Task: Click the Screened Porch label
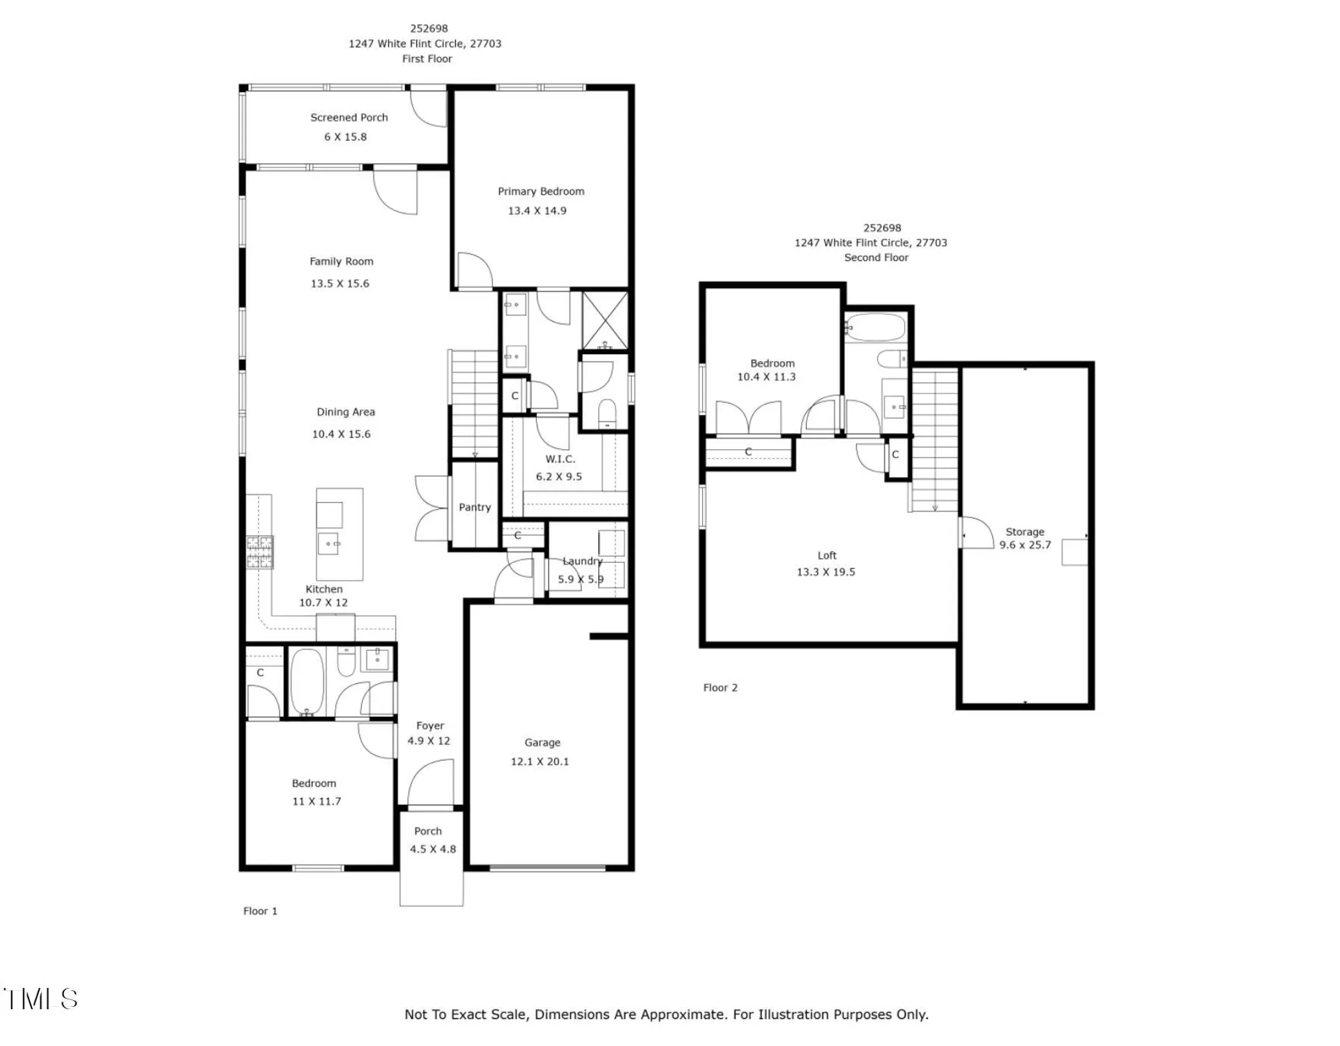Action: click(x=349, y=118)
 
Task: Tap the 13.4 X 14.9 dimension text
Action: click(x=537, y=211)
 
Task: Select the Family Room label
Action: click(x=341, y=261)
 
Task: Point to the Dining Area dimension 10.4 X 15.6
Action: click(x=341, y=434)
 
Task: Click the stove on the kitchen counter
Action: click(x=259, y=552)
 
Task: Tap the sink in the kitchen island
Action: click(x=328, y=543)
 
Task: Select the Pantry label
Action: click(x=474, y=508)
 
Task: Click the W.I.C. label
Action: click(x=560, y=459)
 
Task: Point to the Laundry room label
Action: click(x=582, y=561)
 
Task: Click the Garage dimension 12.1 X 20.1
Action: click(x=540, y=761)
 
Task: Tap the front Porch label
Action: click(x=427, y=831)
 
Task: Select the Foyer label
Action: click(x=429, y=726)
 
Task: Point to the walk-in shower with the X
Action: click(x=604, y=319)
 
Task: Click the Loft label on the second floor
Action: click(x=826, y=556)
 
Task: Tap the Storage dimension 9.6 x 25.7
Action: click(x=1024, y=545)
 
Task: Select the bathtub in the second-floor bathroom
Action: click(x=875, y=327)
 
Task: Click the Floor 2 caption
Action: click(x=720, y=688)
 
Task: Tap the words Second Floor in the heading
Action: click(x=876, y=258)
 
